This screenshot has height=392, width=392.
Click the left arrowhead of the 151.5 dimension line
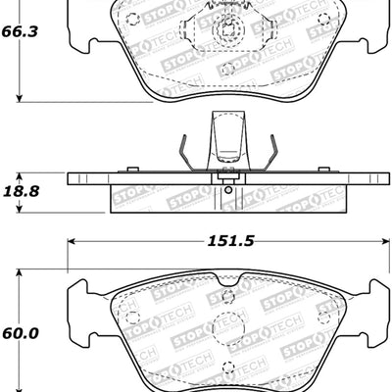click(72, 239)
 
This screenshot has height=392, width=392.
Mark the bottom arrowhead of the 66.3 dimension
click(21, 97)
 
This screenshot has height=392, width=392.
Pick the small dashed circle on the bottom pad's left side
click(133, 319)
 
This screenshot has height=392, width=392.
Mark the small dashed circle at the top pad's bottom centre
click(227, 70)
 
